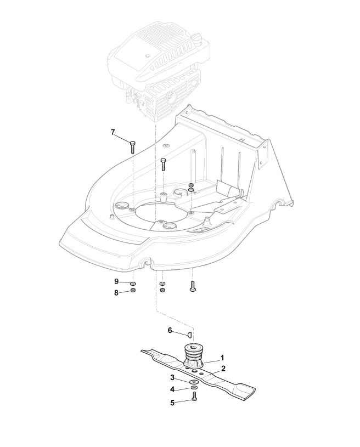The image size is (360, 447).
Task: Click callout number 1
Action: point(222,357)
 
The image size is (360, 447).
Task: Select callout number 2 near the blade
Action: point(223,369)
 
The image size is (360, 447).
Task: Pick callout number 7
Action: point(113,132)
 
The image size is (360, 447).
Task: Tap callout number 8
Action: point(116,293)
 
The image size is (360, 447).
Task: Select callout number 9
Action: point(116,281)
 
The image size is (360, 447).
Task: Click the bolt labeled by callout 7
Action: point(133,147)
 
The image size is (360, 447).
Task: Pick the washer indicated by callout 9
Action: point(133,283)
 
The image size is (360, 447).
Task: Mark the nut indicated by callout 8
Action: point(133,290)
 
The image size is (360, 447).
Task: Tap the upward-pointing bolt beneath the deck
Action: point(192,286)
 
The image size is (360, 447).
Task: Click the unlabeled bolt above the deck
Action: point(163,163)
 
